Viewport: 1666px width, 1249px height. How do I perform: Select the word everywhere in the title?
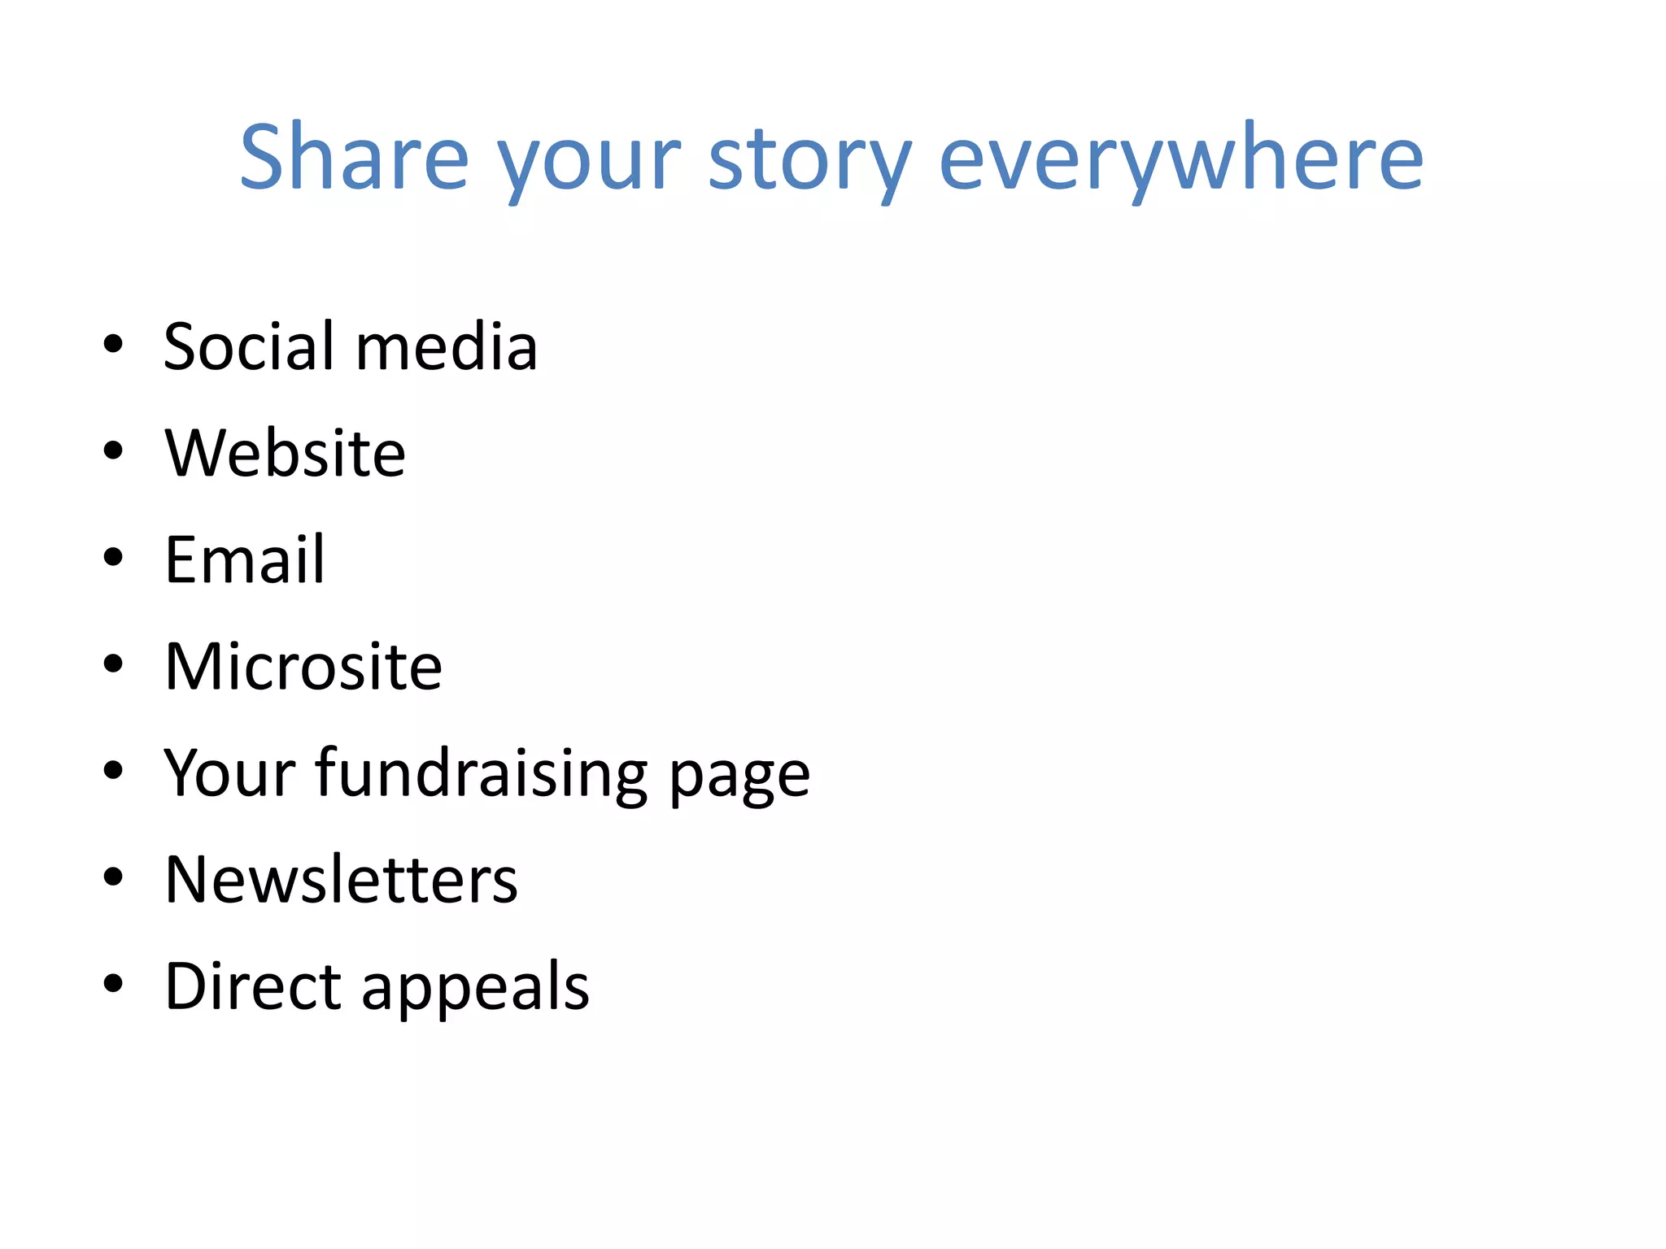[1180, 159]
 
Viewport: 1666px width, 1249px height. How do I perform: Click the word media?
[446, 346]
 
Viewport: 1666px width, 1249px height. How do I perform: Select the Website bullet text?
[285, 453]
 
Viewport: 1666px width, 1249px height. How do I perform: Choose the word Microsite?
[303, 666]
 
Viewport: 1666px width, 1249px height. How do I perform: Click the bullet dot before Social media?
[113, 344]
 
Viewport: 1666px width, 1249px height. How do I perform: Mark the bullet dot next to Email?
[113, 557]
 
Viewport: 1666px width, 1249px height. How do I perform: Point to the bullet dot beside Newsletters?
[113, 877]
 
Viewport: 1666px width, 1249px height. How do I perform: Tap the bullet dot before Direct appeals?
[113, 983]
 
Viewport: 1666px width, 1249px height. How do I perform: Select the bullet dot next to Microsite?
[113, 664]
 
